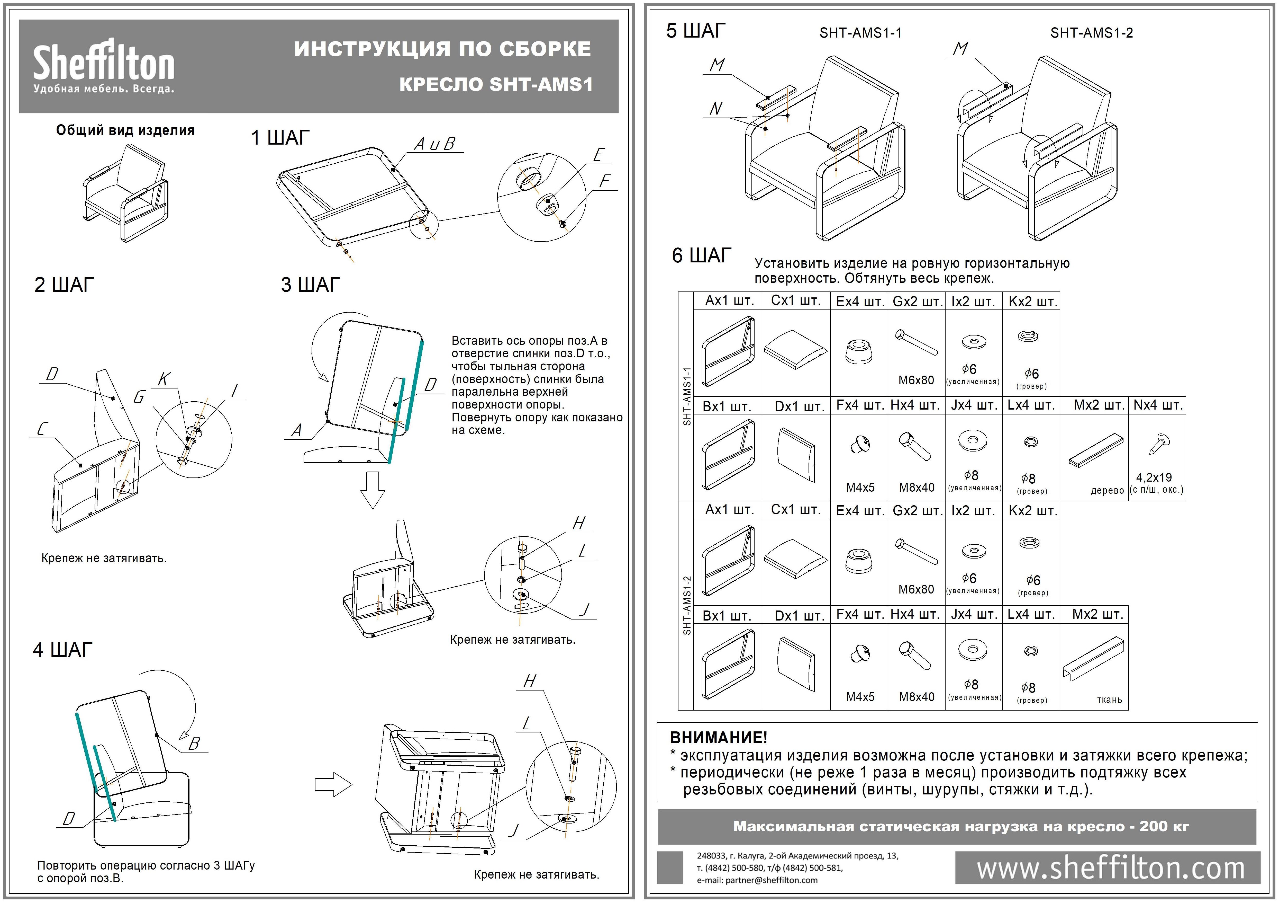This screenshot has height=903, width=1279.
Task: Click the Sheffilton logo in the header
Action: tap(104, 66)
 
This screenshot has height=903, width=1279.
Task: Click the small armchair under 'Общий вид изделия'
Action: tap(125, 192)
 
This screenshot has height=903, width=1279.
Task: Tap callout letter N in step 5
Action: tap(716, 109)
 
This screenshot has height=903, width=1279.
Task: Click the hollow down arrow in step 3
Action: tap(373, 489)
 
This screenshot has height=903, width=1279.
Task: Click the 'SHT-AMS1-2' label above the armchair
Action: tap(1091, 33)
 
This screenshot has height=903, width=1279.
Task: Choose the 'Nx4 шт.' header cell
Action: tap(1158, 405)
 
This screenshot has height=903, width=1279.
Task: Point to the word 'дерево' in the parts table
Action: tap(1107, 491)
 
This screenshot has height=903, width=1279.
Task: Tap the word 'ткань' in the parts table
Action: tap(1109, 700)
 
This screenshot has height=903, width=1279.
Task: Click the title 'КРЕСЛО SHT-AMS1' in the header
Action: tap(496, 85)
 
